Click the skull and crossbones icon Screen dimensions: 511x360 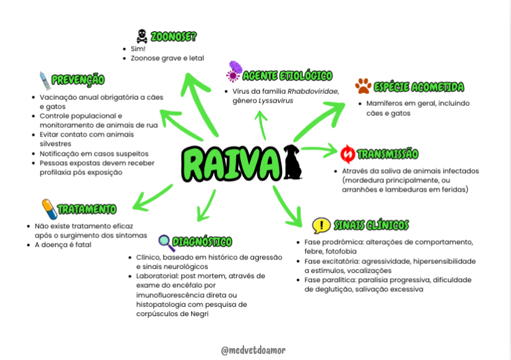142,36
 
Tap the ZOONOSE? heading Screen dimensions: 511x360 174,37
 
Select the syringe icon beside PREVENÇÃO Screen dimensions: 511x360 45,81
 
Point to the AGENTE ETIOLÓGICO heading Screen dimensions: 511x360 287,76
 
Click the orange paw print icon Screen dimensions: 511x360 363,86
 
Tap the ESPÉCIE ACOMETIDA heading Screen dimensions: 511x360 419,87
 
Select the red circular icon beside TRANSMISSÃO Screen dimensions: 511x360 348,154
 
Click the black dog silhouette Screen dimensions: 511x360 292,162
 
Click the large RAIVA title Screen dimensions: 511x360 231,164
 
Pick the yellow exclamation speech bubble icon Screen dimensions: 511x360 321,226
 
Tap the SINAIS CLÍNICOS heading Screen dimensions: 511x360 371,225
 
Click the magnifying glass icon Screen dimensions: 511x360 166,243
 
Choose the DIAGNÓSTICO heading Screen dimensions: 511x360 202,242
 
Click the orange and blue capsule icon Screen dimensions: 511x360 49,209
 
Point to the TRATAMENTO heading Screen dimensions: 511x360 86,209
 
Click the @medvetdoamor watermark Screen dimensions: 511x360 254,350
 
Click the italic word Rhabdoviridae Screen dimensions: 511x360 313,92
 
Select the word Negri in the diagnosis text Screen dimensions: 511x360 200,313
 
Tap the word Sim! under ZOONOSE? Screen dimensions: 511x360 138,49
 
